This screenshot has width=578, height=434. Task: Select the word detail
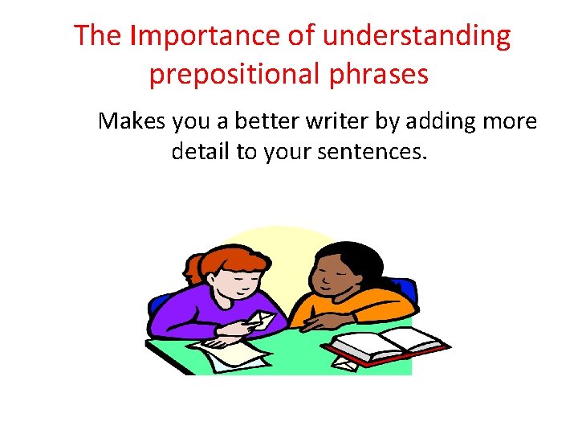click(200, 150)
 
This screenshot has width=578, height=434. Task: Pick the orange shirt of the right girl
click(377, 305)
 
